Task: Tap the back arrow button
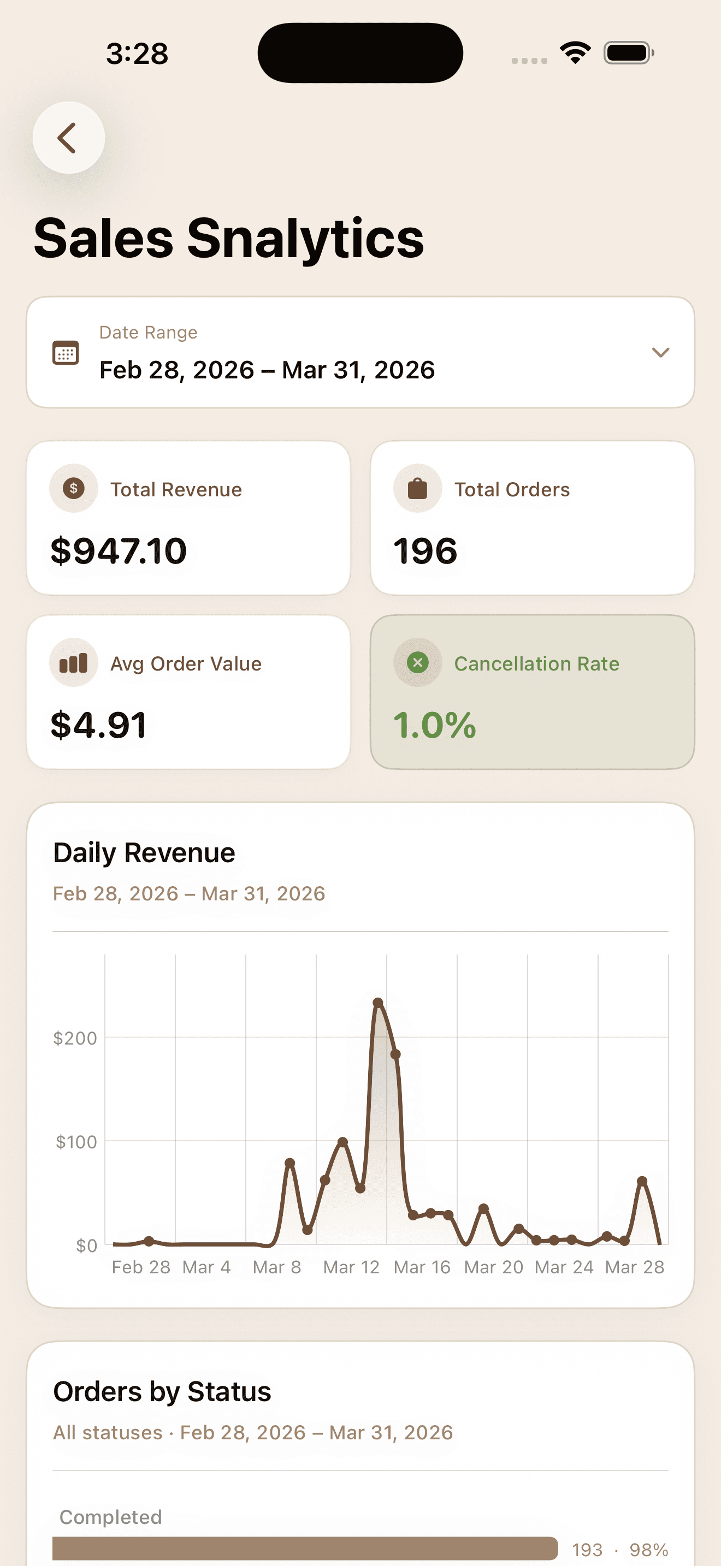[68, 138]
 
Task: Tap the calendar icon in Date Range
[66, 353]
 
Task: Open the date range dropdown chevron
[660, 353]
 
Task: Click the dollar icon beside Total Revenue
[74, 488]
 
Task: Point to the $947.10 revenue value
[119, 551]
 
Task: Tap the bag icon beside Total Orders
[418, 488]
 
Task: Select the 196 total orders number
[425, 551]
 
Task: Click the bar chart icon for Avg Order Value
[74, 663]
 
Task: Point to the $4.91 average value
[98, 725]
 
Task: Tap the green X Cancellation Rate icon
[418, 663]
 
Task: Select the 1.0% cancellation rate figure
[435, 725]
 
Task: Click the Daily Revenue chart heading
[144, 853]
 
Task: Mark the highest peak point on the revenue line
[378, 1003]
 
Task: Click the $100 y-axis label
[76, 1142]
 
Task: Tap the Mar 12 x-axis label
[351, 1267]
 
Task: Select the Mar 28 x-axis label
[635, 1267]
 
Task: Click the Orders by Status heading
[162, 1391]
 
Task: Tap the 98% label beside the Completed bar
[649, 1550]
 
